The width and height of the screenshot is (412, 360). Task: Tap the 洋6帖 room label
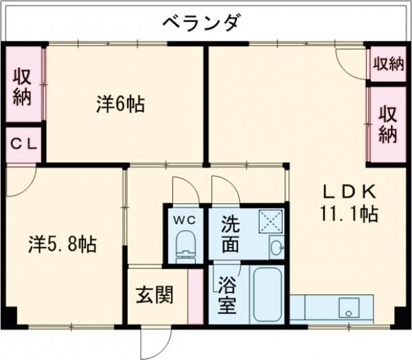120,104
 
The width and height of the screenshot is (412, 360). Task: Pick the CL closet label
24,145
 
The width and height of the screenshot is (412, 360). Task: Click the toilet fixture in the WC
186,247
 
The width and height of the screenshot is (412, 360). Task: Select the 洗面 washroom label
231,234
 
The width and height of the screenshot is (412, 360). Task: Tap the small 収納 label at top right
388,65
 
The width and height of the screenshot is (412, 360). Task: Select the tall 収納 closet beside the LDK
388,124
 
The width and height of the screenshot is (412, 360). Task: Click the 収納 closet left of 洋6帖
22,86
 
